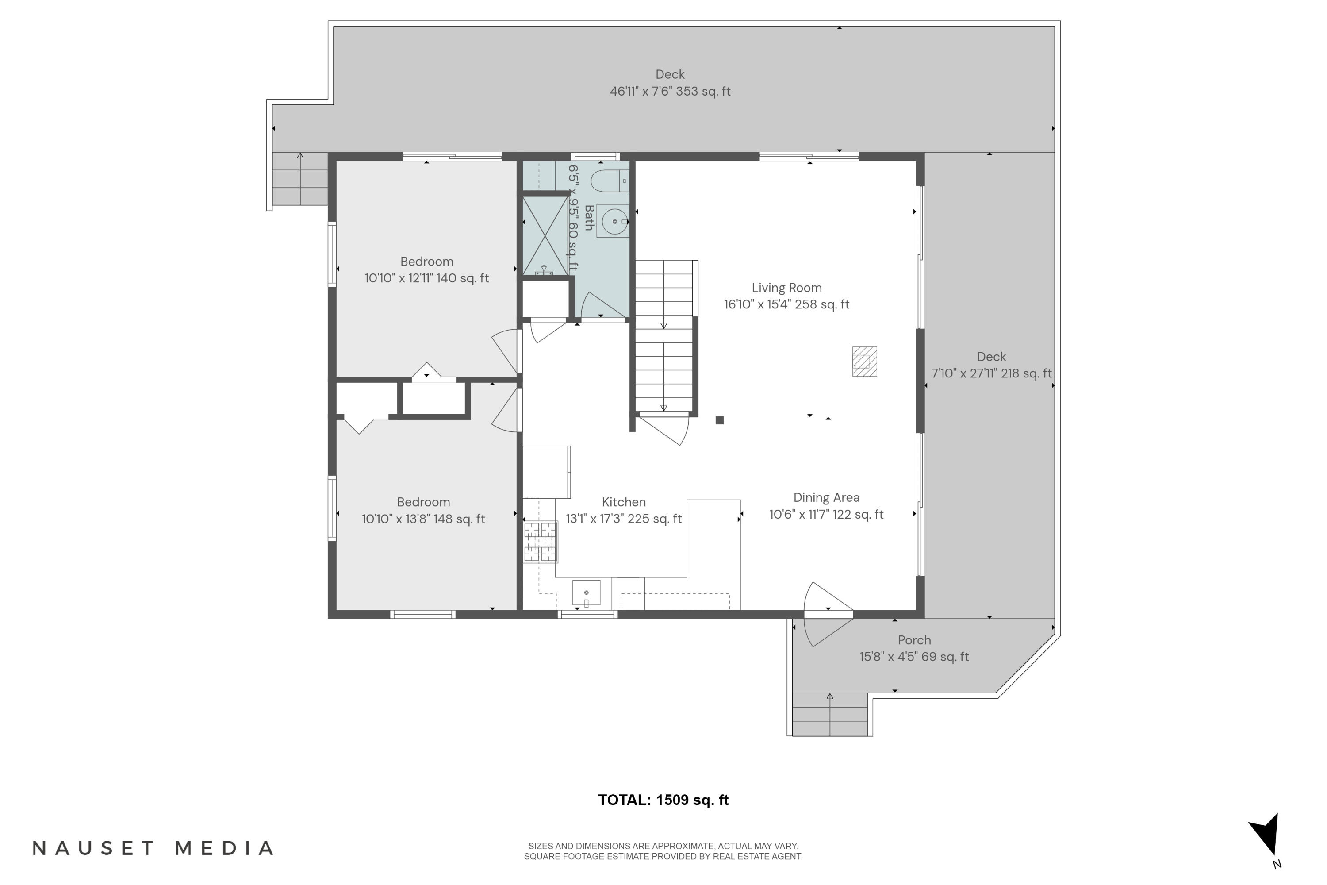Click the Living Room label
pos(786,288)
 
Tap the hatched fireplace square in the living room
pos(864,361)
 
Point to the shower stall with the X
pos(545,236)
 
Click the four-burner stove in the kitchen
pos(540,542)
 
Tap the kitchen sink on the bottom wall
pos(586,593)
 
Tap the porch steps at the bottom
pos(829,715)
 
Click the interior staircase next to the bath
pos(664,336)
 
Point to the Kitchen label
pos(623,502)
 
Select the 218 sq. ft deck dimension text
pos(991,373)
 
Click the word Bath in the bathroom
pos(589,218)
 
